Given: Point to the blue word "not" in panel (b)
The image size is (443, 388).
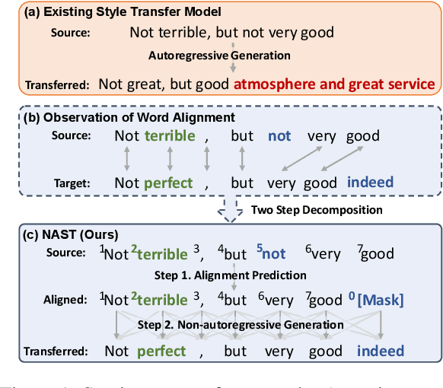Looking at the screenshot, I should [279, 137].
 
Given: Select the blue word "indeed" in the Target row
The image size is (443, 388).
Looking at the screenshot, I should [371, 183].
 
